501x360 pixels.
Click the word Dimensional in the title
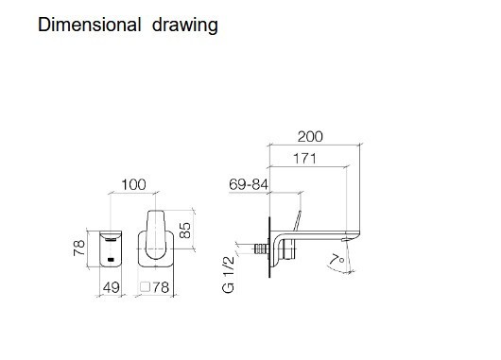click(x=90, y=25)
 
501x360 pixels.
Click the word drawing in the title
click(x=185, y=26)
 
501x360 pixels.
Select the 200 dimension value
click(x=310, y=136)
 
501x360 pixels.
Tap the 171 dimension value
click(x=304, y=158)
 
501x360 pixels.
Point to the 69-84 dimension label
click(x=249, y=184)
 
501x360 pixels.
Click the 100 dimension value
click(x=133, y=184)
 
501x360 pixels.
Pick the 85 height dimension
click(x=185, y=231)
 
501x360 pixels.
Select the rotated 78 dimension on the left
click(x=78, y=248)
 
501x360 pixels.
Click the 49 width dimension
click(x=112, y=287)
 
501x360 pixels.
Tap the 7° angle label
click(x=337, y=260)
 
